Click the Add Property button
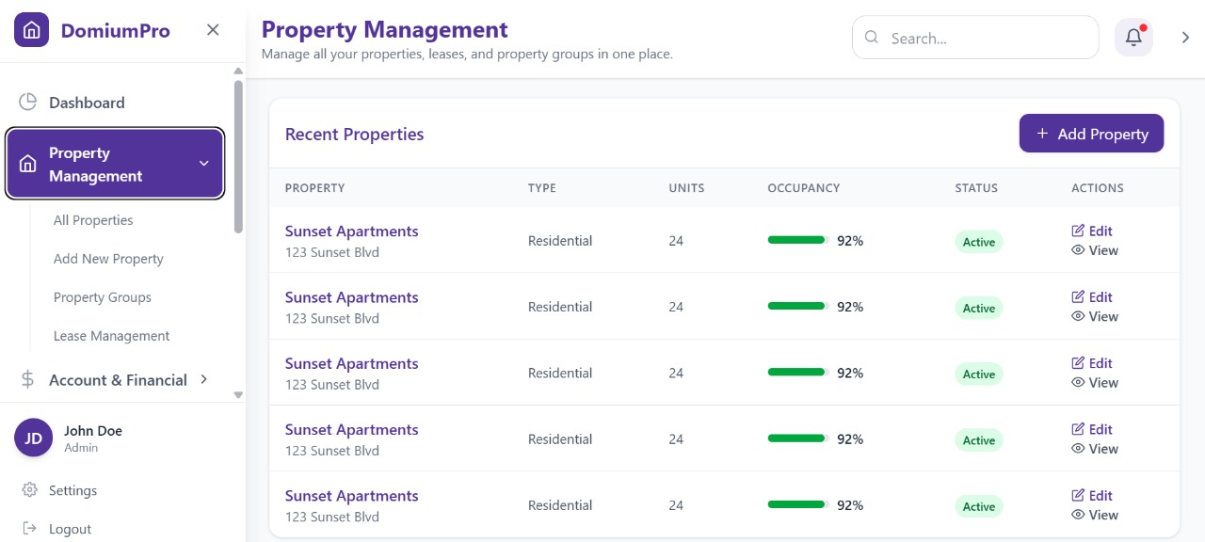coord(1091,134)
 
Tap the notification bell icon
coord(1133,38)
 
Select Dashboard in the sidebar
coord(87,103)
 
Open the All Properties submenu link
coord(93,220)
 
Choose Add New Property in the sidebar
coord(108,259)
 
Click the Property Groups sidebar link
coord(103,297)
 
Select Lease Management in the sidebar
coord(111,336)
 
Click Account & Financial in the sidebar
coord(118,380)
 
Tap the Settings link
coord(72,490)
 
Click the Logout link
coord(70,529)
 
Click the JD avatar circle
coord(33,438)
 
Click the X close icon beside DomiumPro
coord(213,30)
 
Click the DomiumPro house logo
coord(31,30)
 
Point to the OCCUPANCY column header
coord(803,188)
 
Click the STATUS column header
coord(975,188)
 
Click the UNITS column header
coord(686,188)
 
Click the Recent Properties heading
coord(354,135)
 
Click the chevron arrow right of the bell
coord(1185,38)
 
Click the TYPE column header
coord(541,188)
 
